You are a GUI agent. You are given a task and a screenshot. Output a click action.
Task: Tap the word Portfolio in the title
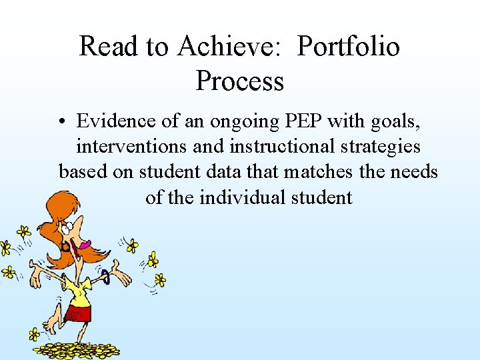coord(348,47)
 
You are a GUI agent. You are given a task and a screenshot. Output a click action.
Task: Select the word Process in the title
coord(240,81)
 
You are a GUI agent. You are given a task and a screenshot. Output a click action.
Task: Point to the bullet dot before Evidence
coord(63,122)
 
